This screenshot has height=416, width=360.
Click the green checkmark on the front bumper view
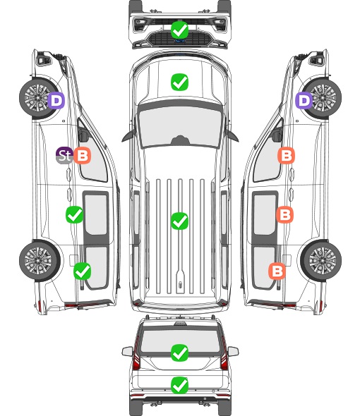tap(179, 30)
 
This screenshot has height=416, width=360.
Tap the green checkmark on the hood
tap(179, 82)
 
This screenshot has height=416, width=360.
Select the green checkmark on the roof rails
tap(179, 221)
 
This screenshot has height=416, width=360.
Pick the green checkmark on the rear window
tap(179, 353)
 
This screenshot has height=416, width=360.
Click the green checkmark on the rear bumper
tap(179, 385)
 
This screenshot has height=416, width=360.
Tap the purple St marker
tap(64, 155)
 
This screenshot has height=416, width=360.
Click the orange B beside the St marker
tap(83, 155)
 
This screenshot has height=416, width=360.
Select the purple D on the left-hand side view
tap(56, 100)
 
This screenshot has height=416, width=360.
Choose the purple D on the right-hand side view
tap(304, 100)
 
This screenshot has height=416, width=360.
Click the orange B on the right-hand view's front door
tap(286, 155)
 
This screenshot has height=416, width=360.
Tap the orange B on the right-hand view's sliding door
tap(284, 214)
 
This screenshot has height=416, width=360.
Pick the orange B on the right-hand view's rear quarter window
tap(277, 271)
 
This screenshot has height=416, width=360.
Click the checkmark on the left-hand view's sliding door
tap(74, 214)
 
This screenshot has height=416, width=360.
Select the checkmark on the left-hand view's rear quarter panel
tap(83, 271)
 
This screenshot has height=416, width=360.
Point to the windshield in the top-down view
tap(179, 126)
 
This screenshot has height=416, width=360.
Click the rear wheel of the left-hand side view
tap(40, 261)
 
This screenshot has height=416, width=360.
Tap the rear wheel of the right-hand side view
tap(321, 261)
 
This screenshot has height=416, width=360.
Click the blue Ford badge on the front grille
tap(179, 41)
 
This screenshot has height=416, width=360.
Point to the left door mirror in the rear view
tap(127, 352)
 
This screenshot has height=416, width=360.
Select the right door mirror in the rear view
tap(233, 352)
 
